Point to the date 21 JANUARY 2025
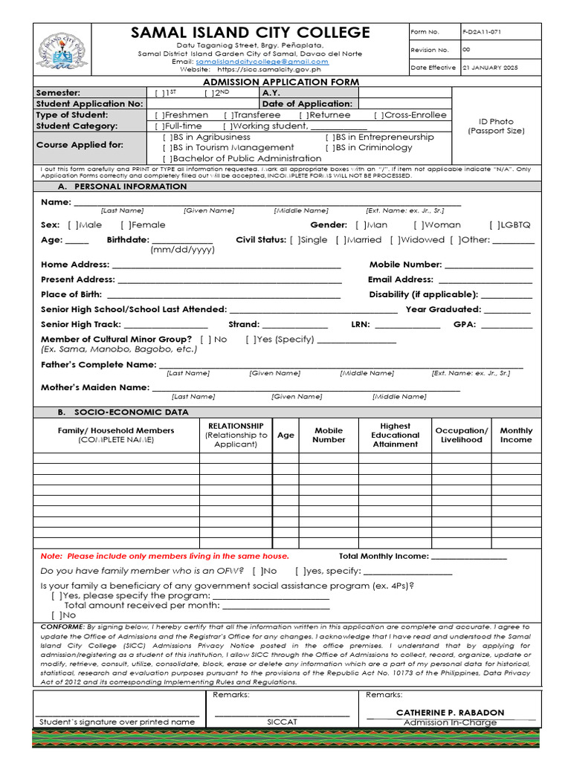click(x=491, y=68)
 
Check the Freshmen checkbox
click(x=158, y=115)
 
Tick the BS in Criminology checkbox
click(x=329, y=148)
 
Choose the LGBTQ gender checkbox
click(x=493, y=224)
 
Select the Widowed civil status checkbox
click(x=394, y=240)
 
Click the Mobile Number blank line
click(x=488, y=265)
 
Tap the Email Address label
click(x=400, y=279)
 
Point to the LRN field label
click(x=360, y=324)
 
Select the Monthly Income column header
click(x=516, y=435)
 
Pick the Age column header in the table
click(x=285, y=435)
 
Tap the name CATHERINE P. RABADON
click(x=451, y=712)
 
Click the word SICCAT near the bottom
click(x=282, y=722)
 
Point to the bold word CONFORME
click(x=63, y=627)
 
